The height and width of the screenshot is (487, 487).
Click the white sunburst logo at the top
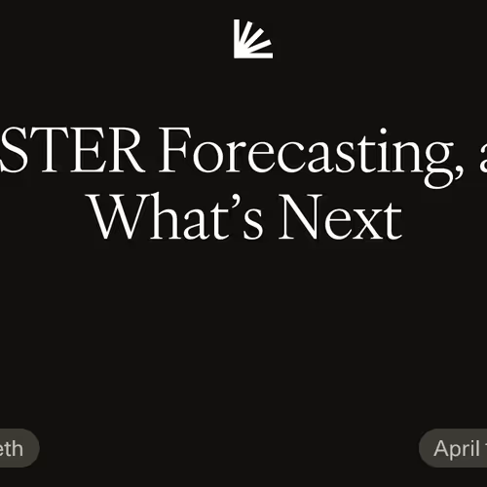point(253,39)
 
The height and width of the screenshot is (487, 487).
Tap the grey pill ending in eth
point(17,449)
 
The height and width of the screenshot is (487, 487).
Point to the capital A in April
point(442,449)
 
